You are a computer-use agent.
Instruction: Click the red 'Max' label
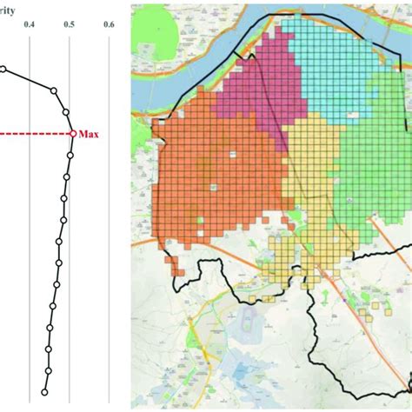click(x=89, y=134)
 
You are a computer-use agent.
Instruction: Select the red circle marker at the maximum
click(x=72, y=134)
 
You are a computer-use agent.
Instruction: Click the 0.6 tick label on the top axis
click(x=110, y=26)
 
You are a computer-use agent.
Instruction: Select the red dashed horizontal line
click(x=35, y=134)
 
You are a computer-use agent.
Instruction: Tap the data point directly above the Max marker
click(x=66, y=112)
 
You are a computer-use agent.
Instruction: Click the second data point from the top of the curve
click(x=53, y=90)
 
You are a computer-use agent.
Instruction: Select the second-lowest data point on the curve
click(x=47, y=369)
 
